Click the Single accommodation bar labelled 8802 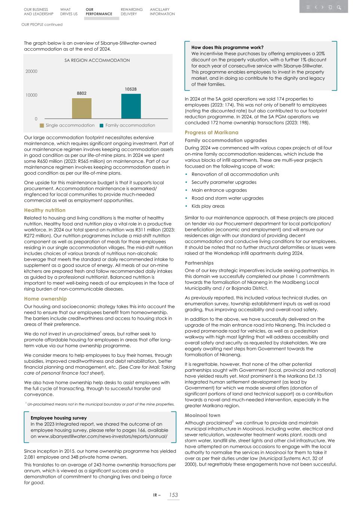(x=82, y=108)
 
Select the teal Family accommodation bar (x=131, y=106)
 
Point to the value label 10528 (x=131, y=89)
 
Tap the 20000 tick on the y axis (x=31, y=72)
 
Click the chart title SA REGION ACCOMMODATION (x=97, y=60)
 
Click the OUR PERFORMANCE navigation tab (x=99, y=12)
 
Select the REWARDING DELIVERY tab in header (x=131, y=12)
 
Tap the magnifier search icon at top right (x=339, y=7)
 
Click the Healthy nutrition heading (x=45, y=210)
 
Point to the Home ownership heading (x=45, y=299)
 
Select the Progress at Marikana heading (x=211, y=133)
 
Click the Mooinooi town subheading (x=202, y=415)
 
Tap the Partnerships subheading (x=199, y=263)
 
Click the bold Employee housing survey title (x=59, y=418)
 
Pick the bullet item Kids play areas (x=208, y=206)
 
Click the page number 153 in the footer (x=173, y=495)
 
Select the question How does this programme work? (x=227, y=48)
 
